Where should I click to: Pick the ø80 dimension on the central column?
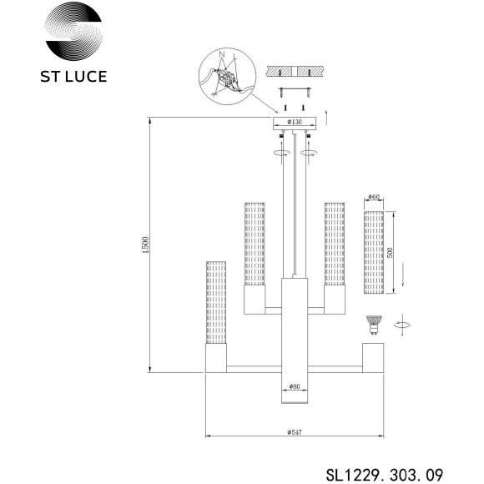click(x=295, y=386)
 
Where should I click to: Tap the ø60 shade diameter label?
click(x=373, y=199)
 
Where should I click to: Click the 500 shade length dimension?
click(x=389, y=253)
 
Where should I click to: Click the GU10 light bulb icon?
click(x=373, y=325)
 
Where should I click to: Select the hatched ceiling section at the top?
click(x=296, y=73)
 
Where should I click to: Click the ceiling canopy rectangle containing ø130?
click(x=295, y=126)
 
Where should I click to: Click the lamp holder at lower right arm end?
click(x=373, y=357)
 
